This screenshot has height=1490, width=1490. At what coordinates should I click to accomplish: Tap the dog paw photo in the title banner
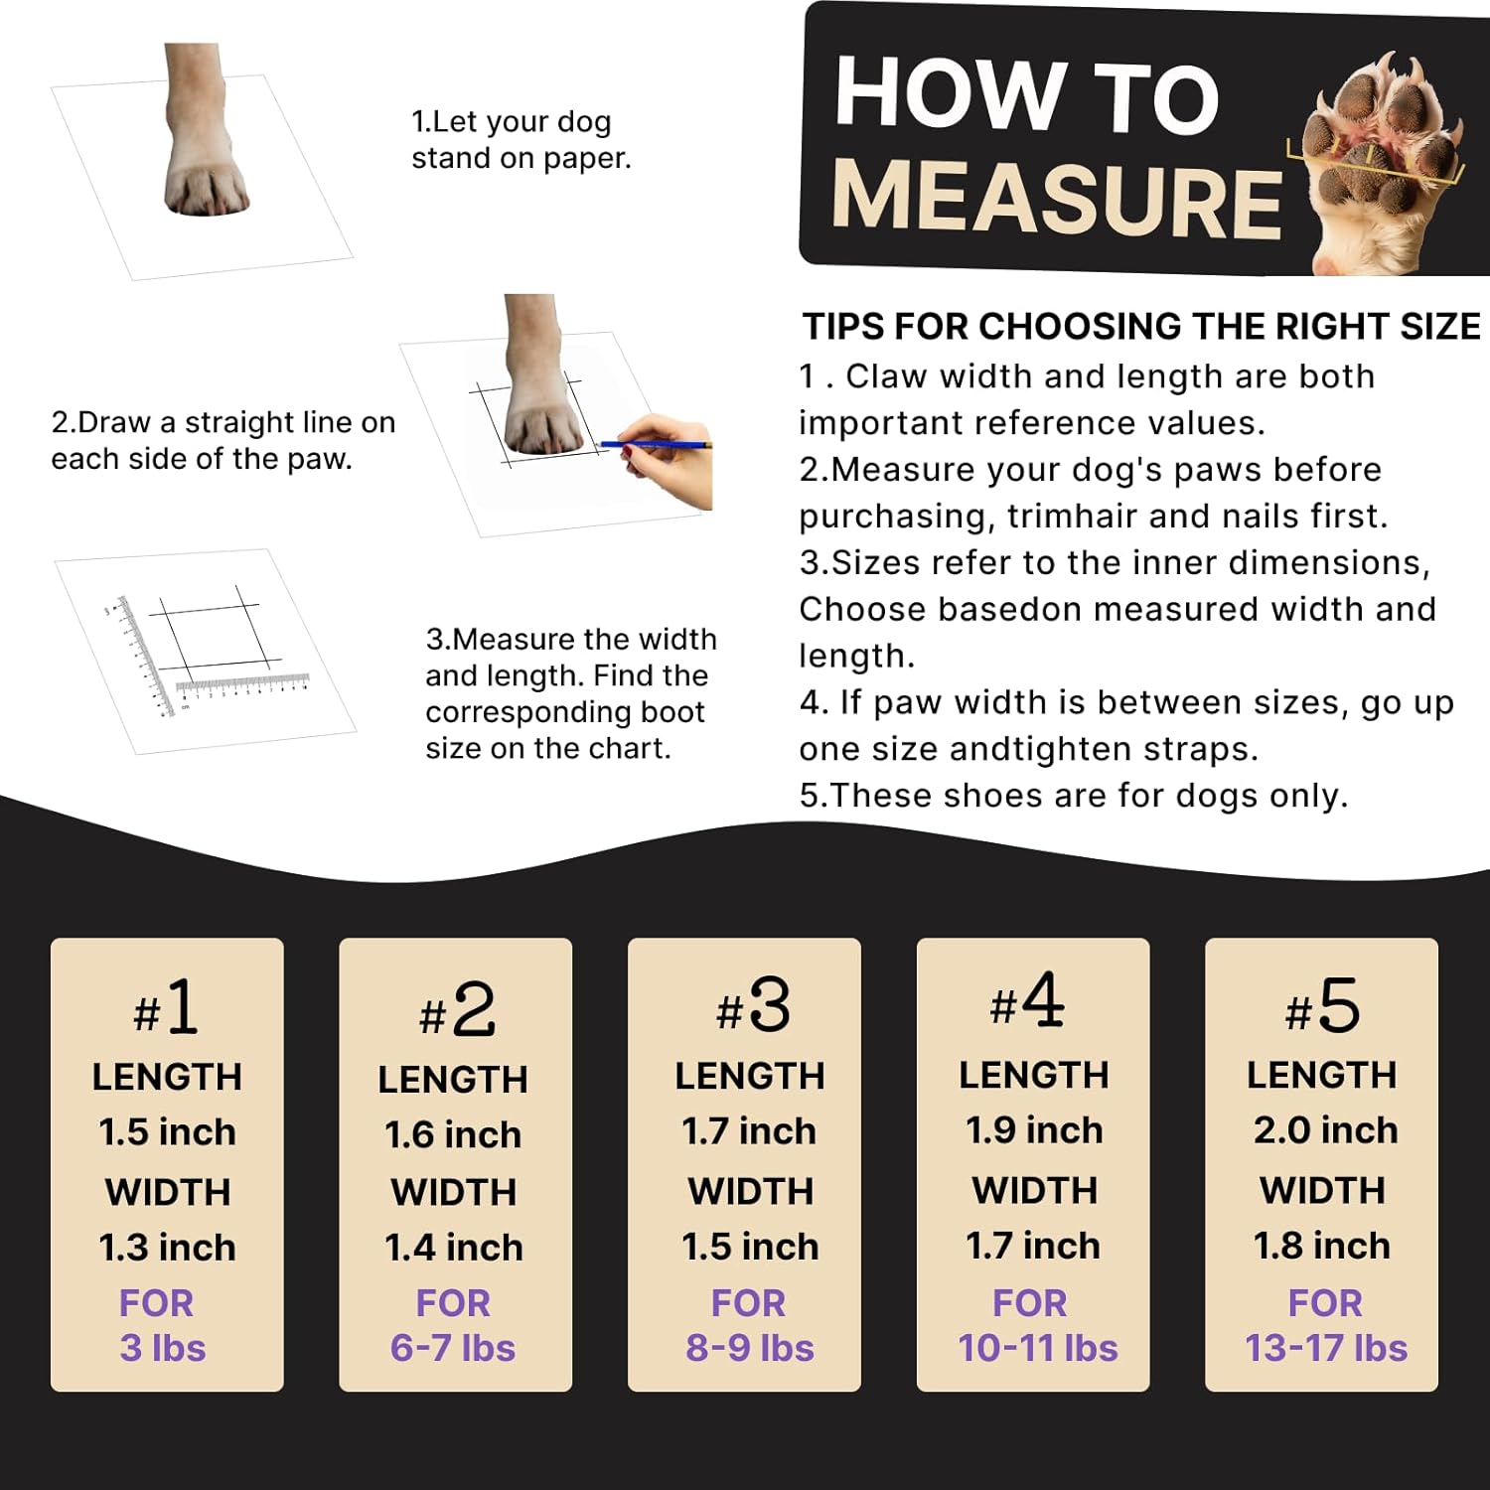pyautogui.click(x=1386, y=164)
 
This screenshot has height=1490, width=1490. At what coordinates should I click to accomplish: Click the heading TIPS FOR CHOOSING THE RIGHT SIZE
pyautogui.click(x=1141, y=327)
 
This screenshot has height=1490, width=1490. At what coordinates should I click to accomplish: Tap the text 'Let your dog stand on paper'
pyautogui.click(x=521, y=140)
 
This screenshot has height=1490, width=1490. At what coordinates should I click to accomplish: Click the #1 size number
pyautogui.click(x=167, y=1009)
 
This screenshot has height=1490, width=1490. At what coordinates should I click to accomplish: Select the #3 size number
pyautogui.click(x=753, y=1007)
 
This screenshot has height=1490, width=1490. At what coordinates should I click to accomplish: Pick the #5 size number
pyautogui.click(x=1322, y=1007)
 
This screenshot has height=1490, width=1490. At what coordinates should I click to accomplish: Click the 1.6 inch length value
pyautogui.click(x=453, y=1134)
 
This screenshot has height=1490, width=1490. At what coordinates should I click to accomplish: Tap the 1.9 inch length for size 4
pyautogui.click(x=1034, y=1130)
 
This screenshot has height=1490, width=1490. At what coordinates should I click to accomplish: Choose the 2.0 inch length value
pyautogui.click(x=1325, y=1130)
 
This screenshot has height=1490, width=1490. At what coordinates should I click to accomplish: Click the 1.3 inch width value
pyautogui.click(x=167, y=1248)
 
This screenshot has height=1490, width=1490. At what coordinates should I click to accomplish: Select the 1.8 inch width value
pyautogui.click(x=1322, y=1246)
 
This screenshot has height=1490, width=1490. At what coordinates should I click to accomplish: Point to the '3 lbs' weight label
pyautogui.click(x=163, y=1348)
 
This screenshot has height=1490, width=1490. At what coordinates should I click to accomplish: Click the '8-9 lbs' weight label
pyautogui.click(x=750, y=1348)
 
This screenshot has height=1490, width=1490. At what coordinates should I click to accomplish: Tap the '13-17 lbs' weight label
pyautogui.click(x=1326, y=1348)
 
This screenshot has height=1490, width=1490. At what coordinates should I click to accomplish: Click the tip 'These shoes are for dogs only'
pyautogui.click(x=1074, y=796)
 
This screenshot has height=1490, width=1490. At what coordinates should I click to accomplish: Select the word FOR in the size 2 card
pyautogui.click(x=453, y=1303)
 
